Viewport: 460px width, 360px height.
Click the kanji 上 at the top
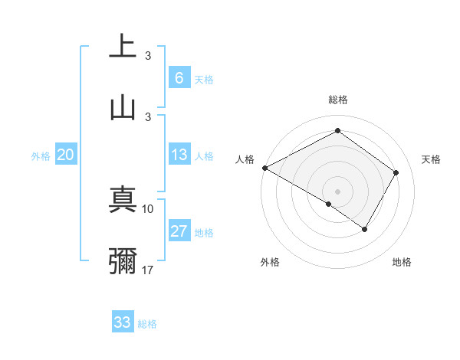[x=123, y=46]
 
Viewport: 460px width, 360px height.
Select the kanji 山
[x=123, y=106]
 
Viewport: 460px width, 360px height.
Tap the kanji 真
[x=123, y=198]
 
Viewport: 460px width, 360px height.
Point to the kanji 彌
[x=123, y=260]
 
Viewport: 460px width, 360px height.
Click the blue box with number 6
[x=179, y=77]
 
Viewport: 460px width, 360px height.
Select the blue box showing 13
[x=179, y=155]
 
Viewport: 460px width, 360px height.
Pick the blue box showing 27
[x=179, y=231]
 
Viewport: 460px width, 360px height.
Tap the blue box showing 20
[x=65, y=155]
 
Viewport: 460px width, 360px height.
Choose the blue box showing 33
[x=122, y=322]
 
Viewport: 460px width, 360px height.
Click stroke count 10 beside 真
[x=148, y=208]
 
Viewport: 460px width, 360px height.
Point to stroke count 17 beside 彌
[x=148, y=270]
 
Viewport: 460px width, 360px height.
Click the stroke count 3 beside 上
[x=148, y=55]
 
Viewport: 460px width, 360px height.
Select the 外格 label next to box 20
[x=41, y=155]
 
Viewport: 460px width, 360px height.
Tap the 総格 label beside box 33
[x=147, y=323]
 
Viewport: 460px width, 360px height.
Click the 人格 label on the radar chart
[x=244, y=159]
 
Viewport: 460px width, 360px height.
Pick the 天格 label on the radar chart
[x=431, y=159]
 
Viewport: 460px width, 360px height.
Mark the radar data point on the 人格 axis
[x=264, y=167]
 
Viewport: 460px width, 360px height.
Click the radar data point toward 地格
[x=365, y=229]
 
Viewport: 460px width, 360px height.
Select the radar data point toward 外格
[x=329, y=204]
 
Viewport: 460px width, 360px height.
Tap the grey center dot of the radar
[x=337, y=191]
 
